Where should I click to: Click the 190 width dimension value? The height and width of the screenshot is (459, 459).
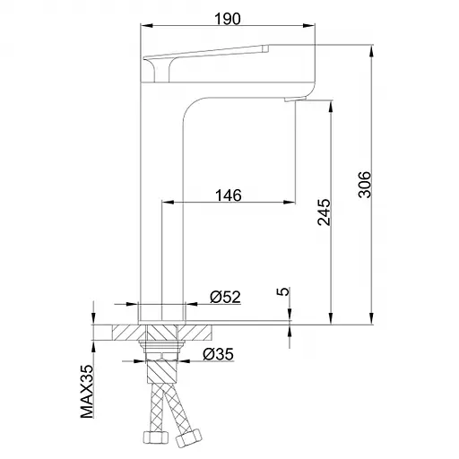(x=228, y=19)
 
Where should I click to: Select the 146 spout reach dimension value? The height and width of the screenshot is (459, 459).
(x=229, y=195)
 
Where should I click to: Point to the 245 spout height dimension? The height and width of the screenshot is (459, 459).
(x=325, y=212)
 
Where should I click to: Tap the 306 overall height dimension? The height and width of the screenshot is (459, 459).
(x=364, y=185)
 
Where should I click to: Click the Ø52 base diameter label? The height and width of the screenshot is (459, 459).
(x=225, y=297)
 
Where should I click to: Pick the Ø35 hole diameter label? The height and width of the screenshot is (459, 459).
(x=218, y=354)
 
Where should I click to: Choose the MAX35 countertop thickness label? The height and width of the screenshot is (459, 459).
(x=87, y=392)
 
